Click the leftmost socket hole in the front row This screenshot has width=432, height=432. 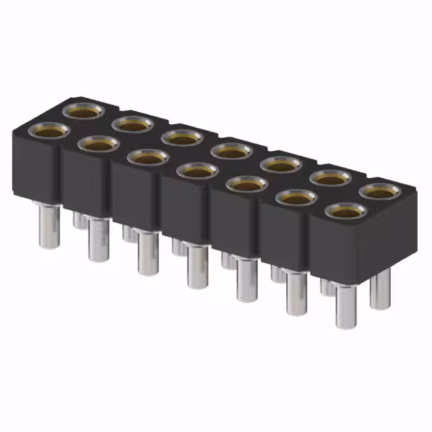(47, 131)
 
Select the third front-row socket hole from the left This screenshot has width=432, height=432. (147, 157)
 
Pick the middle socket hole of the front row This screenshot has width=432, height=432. (197, 171)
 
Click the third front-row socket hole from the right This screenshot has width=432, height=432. (246, 184)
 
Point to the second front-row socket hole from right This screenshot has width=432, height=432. (296, 197)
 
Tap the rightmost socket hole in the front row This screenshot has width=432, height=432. (346, 211)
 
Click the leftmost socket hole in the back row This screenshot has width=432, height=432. (83, 111)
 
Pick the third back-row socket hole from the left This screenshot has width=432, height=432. (182, 137)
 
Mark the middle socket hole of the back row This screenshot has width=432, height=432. (232, 151)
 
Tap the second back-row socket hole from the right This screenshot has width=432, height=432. (331, 178)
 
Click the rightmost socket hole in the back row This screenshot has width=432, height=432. (380, 191)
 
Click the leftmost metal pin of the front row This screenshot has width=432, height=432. (48, 226)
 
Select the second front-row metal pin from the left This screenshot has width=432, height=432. (99, 240)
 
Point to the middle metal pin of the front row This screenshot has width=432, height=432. (198, 266)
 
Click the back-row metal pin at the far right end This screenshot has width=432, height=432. (381, 286)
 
